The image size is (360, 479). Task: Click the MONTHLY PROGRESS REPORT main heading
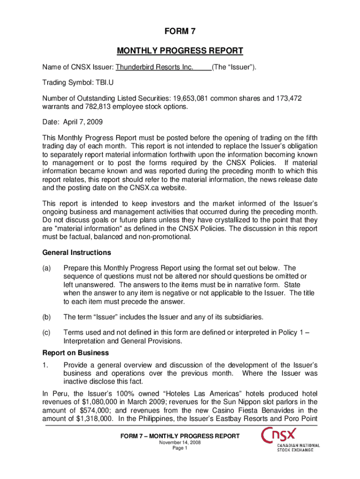pos(180,51)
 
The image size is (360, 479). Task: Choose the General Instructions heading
pos(77,253)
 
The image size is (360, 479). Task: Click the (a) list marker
pos(47,269)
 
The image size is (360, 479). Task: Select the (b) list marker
pos(47,317)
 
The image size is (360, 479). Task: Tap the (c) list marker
pos(47,333)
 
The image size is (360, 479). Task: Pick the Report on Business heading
pos(76,353)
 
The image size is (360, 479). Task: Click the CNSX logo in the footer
pos(290,440)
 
